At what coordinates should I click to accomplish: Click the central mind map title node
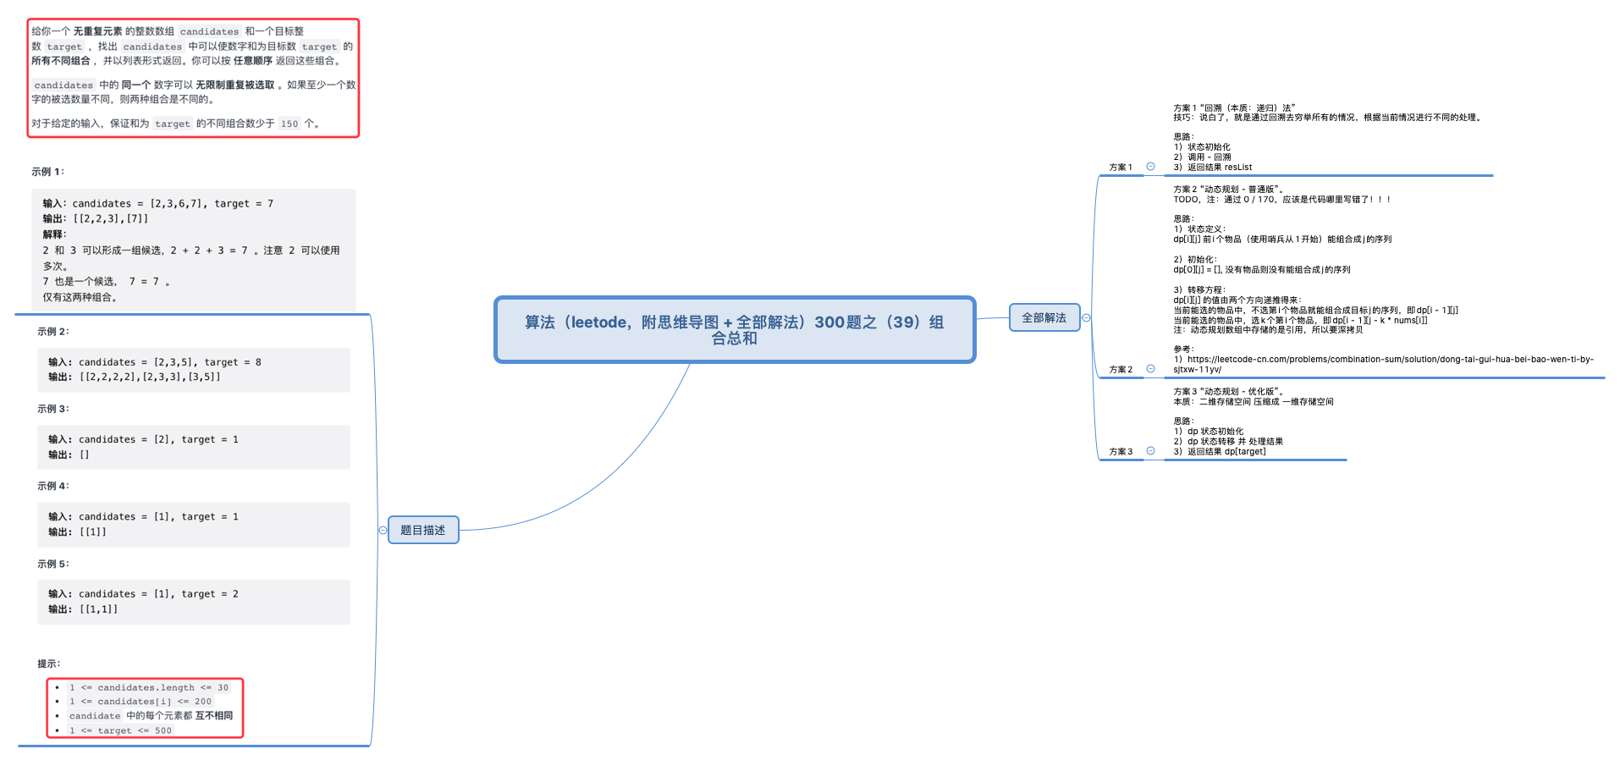(x=734, y=329)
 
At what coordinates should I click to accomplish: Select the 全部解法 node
(x=1044, y=317)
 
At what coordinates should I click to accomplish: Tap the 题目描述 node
(x=422, y=530)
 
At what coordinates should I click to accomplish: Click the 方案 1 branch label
(x=1120, y=167)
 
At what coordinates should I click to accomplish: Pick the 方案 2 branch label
(x=1120, y=369)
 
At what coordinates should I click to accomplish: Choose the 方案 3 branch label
(x=1120, y=451)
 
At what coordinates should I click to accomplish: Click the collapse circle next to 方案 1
(x=1150, y=167)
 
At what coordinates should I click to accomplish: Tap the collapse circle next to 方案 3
(x=1150, y=451)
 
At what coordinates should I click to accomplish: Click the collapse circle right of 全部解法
(x=1087, y=318)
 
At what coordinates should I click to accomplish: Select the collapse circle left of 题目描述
(x=383, y=531)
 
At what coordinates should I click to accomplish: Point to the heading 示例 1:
(x=47, y=172)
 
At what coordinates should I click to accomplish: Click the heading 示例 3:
(x=53, y=409)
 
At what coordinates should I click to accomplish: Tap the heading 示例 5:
(x=53, y=564)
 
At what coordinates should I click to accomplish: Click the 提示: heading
(x=49, y=664)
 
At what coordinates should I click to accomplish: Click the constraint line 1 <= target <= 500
(x=120, y=730)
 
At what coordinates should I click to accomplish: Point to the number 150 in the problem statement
(x=289, y=124)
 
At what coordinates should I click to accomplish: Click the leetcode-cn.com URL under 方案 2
(x=1382, y=360)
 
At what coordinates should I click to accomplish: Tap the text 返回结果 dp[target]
(x=1226, y=451)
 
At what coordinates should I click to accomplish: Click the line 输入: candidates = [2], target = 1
(x=143, y=439)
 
